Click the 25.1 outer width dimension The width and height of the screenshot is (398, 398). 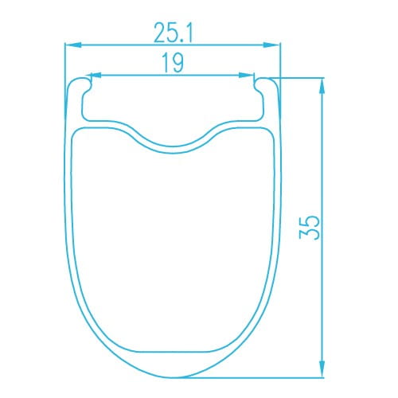point(174,33)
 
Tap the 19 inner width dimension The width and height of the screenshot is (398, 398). point(173,62)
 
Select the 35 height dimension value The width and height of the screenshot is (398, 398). point(309,228)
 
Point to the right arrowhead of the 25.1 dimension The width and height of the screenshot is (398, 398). point(271,45)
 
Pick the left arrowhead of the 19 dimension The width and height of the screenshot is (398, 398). point(95,75)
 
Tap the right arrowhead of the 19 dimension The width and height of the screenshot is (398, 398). point(246,75)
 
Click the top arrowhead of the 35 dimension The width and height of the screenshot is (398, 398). point(322,86)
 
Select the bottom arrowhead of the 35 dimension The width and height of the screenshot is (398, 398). point(322,369)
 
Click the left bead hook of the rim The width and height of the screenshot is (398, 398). point(85,86)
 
